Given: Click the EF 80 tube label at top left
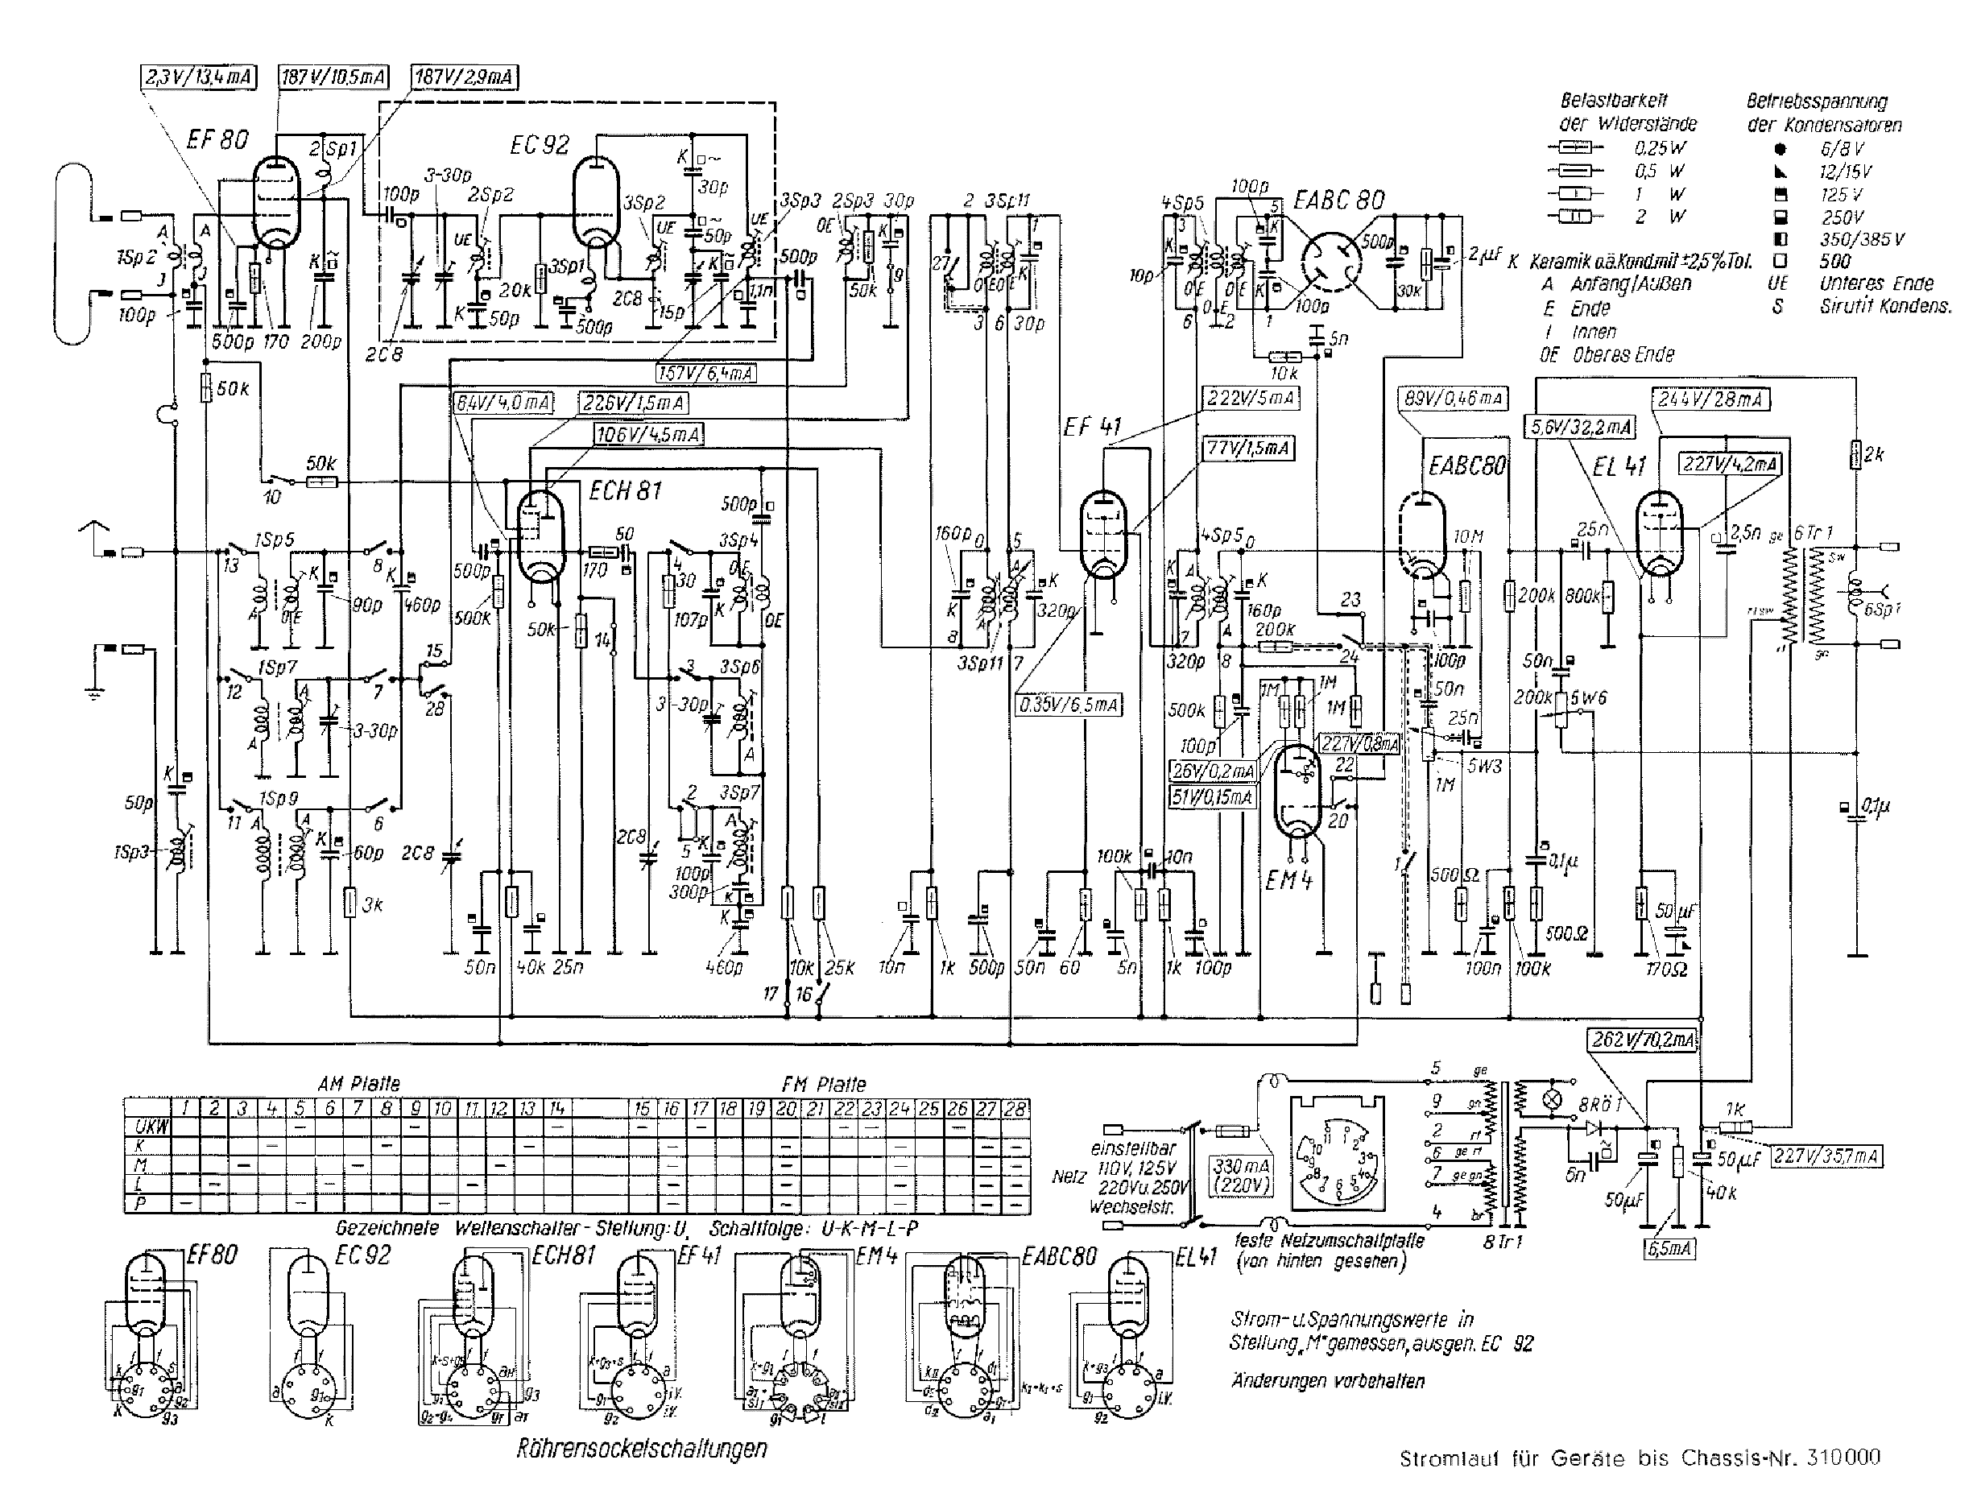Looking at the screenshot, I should [217, 139].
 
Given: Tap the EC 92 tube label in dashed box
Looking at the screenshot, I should [539, 145].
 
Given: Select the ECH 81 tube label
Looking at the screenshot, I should [625, 490].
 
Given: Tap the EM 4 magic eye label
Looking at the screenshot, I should [1288, 880].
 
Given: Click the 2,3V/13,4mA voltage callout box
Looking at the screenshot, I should [198, 78].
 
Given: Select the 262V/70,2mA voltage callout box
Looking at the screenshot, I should [1643, 1040].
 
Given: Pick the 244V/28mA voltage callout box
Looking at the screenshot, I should [1712, 399].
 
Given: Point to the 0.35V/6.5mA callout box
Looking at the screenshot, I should [1069, 705].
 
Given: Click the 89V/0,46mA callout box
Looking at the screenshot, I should [1454, 399].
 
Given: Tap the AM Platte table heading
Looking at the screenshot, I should [358, 1084].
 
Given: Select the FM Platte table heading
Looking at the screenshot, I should [823, 1085].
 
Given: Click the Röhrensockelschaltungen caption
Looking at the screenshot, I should [641, 1448].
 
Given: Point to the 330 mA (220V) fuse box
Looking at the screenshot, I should [1242, 1177].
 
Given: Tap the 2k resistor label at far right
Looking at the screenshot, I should [1873, 455].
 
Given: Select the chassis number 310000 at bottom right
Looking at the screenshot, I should [1843, 1457].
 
